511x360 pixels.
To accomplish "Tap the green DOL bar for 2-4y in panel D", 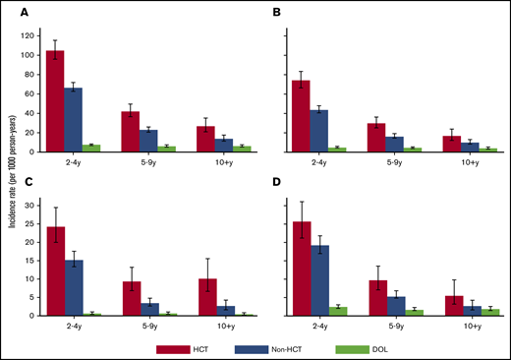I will [338, 311].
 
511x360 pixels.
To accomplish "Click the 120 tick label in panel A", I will [28, 35].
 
